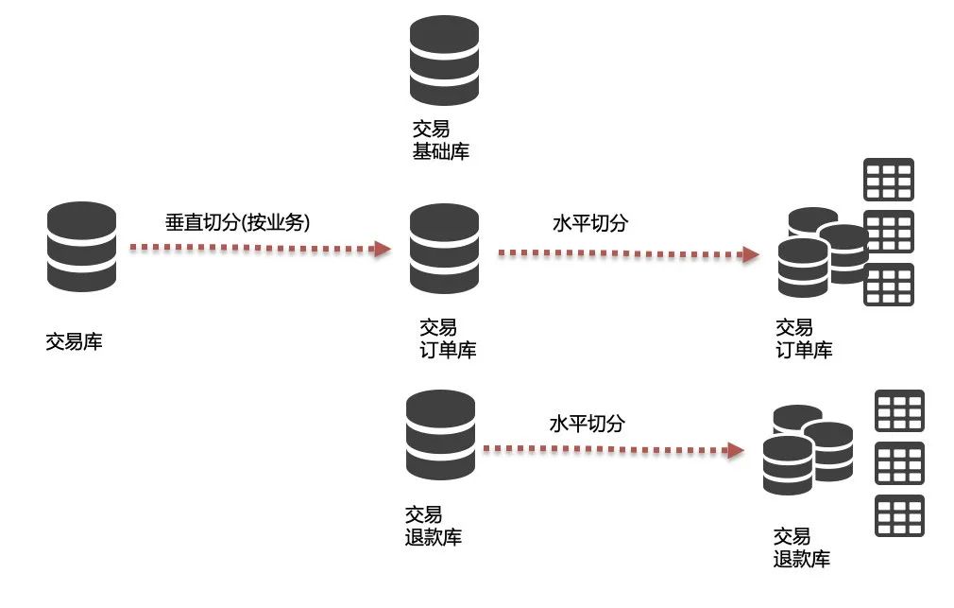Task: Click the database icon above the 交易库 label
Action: click(81, 247)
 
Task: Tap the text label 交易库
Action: click(74, 341)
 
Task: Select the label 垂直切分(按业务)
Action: click(237, 223)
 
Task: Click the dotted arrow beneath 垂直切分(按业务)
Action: click(260, 249)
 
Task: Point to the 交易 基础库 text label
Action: click(440, 140)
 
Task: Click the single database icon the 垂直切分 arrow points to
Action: click(444, 249)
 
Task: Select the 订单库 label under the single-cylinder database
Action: click(448, 339)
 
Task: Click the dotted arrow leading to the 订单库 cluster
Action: click(628, 253)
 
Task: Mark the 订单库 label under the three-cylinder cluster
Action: click(804, 339)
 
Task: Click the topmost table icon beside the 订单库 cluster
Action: click(889, 179)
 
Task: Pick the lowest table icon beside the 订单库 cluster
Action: click(889, 285)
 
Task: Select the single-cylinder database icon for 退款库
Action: click(439, 435)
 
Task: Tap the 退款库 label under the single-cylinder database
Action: click(433, 526)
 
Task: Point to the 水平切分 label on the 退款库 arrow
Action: click(587, 423)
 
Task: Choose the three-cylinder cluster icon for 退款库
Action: click(807, 449)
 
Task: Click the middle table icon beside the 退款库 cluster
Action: click(899, 462)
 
